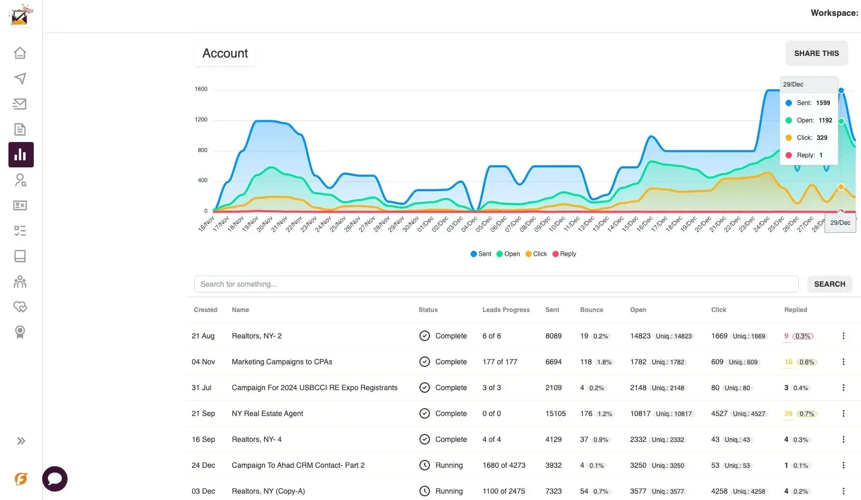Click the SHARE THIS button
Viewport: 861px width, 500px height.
click(x=816, y=53)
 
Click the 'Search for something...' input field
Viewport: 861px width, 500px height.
click(x=496, y=284)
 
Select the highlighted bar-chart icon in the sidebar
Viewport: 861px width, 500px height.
click(x=21, y=155)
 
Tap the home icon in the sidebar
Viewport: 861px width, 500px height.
click(x=20, y=53)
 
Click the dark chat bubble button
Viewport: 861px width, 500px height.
click(x=55, y=479)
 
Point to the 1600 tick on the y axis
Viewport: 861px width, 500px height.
click(x=201, y=89)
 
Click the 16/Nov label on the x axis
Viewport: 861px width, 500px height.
click(x=206, y=223)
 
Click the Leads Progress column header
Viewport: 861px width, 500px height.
click(x=505, y=310)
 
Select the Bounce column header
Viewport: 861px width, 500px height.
click(x=591, y=310)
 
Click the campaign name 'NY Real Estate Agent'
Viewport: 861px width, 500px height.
click(x=267, y=413)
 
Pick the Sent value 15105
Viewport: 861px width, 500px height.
click(x=555, y=413)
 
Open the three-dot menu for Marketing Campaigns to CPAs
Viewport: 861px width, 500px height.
click(x=843, y=362)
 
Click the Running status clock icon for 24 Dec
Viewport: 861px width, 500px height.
click(x=425, y=465)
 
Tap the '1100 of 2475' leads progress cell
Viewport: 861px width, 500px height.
click(x=503, y=491)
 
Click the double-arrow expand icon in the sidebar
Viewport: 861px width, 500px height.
click(x=21, y=441)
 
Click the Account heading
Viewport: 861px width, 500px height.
click(x=225, y=53)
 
